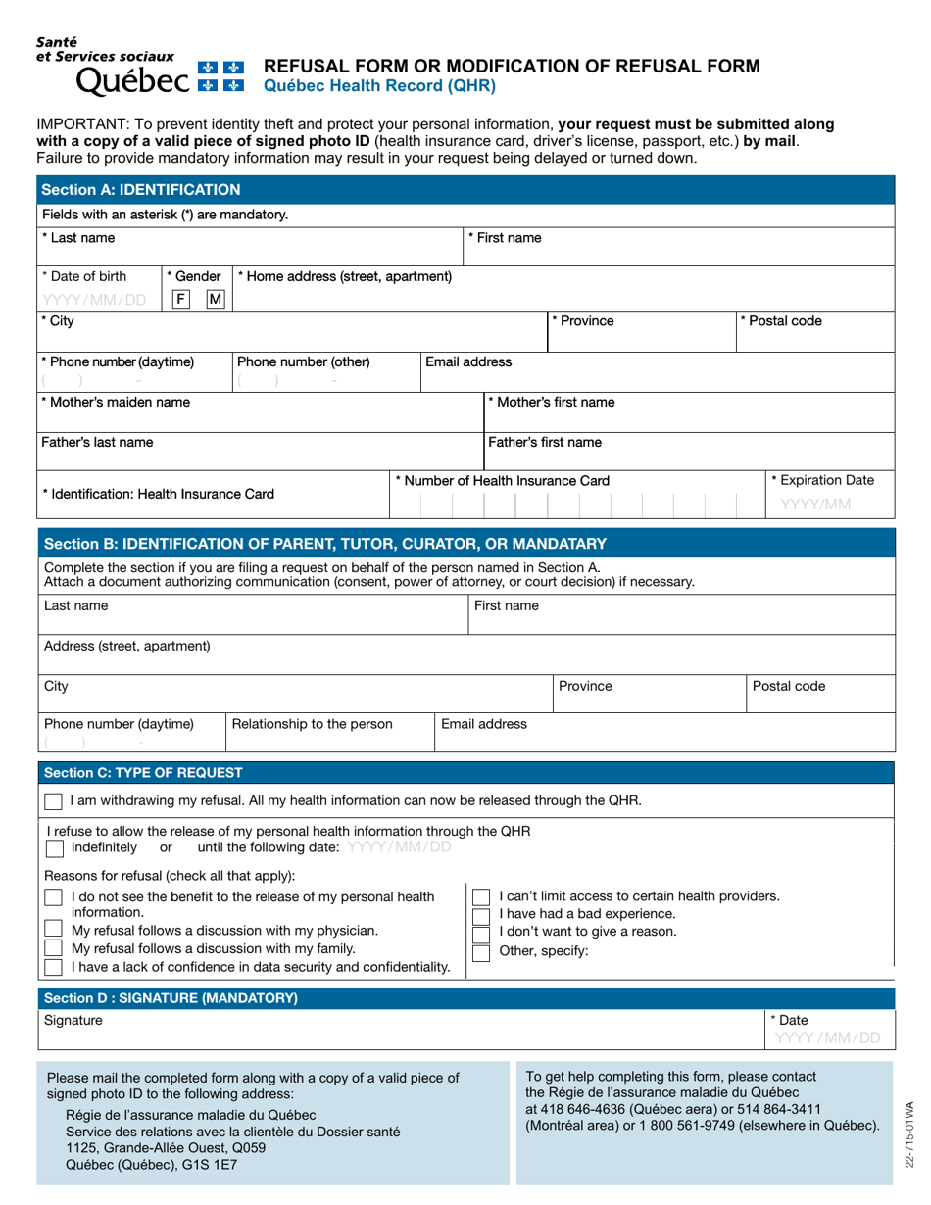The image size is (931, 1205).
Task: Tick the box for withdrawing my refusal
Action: (x=54, y=801)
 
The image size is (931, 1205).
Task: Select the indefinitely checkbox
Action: (x=54, y=846)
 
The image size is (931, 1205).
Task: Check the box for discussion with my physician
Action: (x=54, y=931)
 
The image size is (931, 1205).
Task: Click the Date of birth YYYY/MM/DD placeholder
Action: (x=94, y=300)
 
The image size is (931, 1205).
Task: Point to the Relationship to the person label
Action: (x=313, y=724)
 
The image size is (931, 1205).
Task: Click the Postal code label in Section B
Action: (x=789, y=686)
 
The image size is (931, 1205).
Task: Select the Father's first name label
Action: (x=545, y=442)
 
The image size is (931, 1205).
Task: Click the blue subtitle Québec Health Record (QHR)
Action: (x=374, y=85)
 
